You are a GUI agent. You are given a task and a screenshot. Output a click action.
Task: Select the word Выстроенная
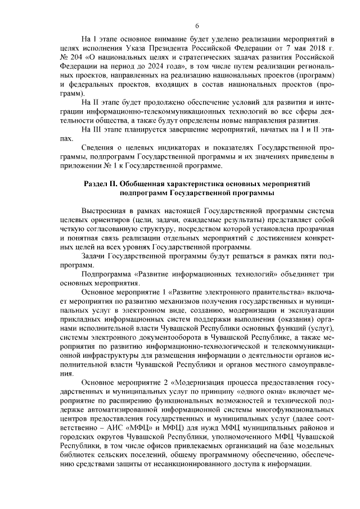pyautogui.click(x=104, y=210)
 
